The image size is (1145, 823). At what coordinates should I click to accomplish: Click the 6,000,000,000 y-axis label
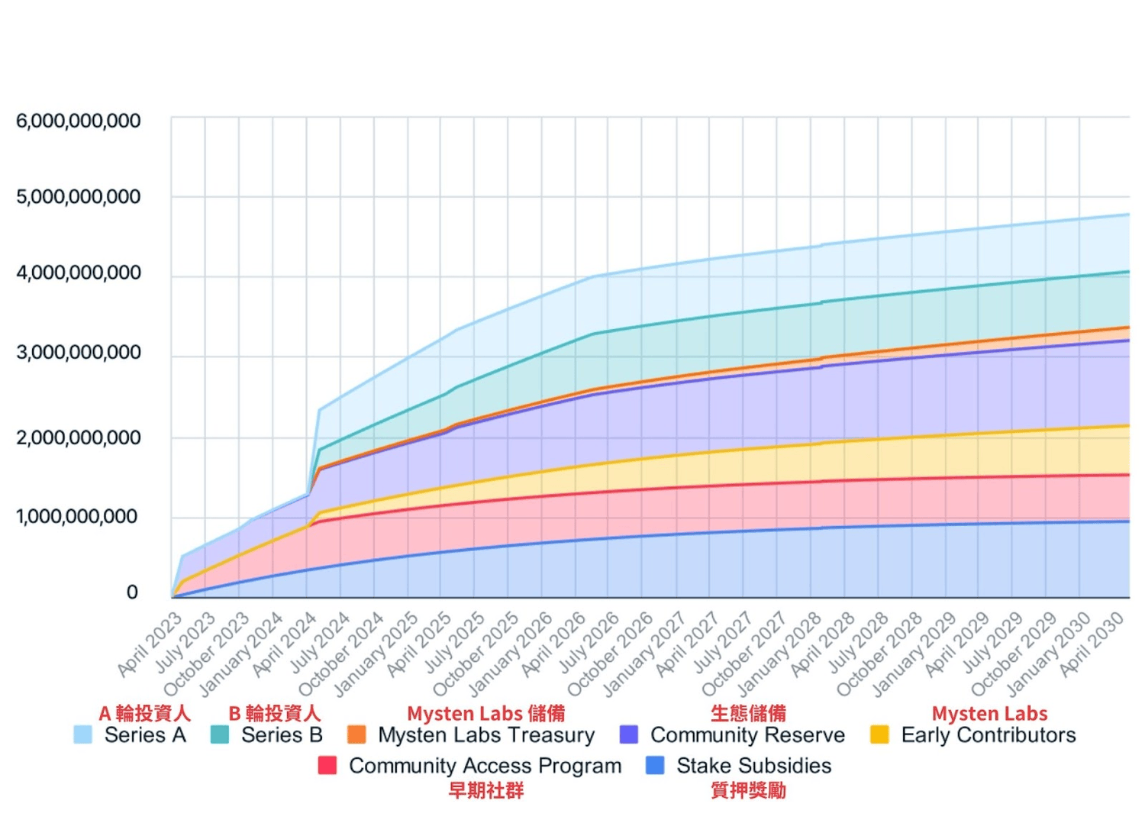tap(79, 121)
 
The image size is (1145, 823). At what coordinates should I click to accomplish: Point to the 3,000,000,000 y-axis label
tap(79, 353)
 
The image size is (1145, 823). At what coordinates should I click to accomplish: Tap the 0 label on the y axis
tap(132, 592)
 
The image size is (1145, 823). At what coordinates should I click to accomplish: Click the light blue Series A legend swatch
tap(83, 735)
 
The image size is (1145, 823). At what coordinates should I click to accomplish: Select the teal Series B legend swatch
tap(220, 735)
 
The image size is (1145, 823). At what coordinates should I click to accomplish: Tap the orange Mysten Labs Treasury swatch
tap(356, 735)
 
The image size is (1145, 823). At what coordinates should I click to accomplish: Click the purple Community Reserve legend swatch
tap(629, 735)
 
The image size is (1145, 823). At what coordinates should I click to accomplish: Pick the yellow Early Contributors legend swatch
tap(879, 735)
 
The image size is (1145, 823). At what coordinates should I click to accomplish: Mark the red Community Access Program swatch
tap(327, 766)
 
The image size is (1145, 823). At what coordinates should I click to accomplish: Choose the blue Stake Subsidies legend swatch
tap(655, 766)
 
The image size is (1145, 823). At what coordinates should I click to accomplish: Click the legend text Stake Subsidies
tap(753, 766)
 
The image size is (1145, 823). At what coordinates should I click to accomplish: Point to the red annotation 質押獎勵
tap(748, 790)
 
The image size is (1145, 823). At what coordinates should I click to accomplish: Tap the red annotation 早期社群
tap(486, 790)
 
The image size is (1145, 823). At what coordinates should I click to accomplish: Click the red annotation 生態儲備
tap(748, 713)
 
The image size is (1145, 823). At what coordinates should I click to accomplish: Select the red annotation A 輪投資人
tap(144, 713)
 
